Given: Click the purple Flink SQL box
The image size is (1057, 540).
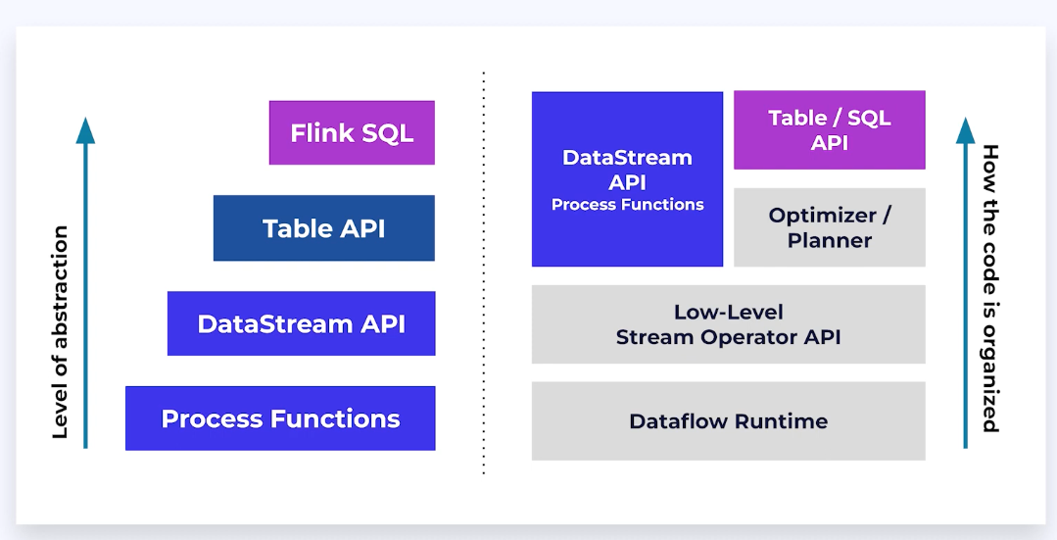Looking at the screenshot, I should (x=352, y=132).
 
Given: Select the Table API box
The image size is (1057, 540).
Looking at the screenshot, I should (x=323, y=228).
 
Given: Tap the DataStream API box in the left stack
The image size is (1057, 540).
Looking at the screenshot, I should (x=301, y=323).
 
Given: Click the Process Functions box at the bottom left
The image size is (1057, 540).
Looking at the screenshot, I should (x=280, y=418).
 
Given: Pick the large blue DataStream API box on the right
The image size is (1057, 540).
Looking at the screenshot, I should (x=627, y=178).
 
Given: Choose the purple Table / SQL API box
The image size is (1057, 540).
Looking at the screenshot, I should (x=829, y=129).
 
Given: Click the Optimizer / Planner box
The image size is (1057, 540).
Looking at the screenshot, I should (x=829, y=227).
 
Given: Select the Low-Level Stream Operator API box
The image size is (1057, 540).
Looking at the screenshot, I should (x=728, y=324).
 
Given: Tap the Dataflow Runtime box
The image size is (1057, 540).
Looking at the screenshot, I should (x=728, y=421).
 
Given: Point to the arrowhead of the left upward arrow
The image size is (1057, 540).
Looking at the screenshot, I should (x=86, y=129).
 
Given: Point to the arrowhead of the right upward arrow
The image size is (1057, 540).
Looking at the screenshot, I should (x=966, y=129).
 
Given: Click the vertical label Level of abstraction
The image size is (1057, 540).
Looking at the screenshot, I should (x=61, y=332).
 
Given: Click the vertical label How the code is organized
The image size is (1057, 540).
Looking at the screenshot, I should (x=990, y=288).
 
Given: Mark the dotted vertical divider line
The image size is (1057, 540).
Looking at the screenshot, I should (x=484, y=274).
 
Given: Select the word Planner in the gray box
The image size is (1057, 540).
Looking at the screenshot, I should (x=829, y=240).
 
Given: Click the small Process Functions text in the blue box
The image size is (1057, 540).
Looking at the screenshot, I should (x=627, y=205).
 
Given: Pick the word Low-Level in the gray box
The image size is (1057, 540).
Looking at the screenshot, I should (x=728, y=313).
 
